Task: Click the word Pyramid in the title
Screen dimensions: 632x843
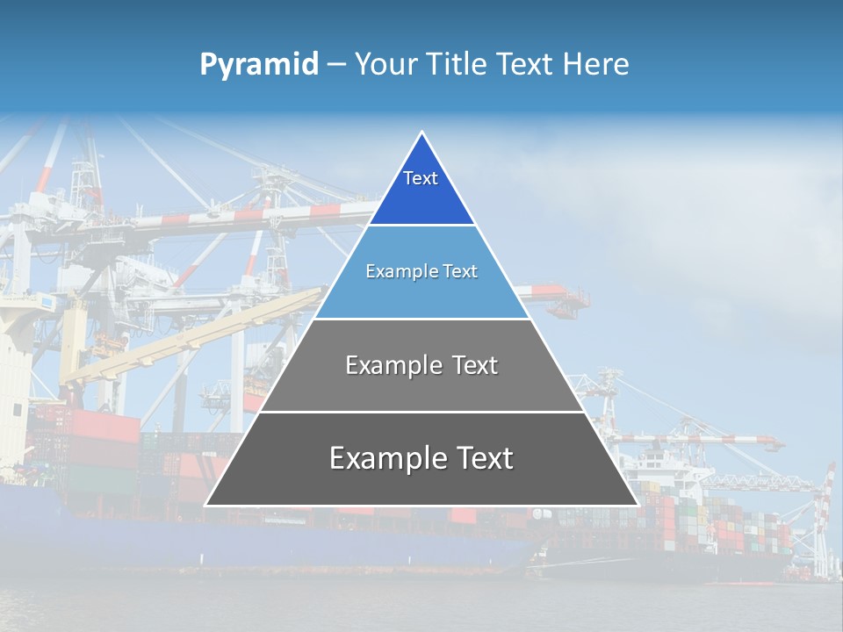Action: coord(258,64)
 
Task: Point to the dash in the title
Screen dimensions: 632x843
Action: coord(336,65)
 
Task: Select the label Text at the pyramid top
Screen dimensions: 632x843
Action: coord(421,178)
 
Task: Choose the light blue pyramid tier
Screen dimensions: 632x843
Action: coord(421,294)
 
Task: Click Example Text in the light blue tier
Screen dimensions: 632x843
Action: coord(421,271)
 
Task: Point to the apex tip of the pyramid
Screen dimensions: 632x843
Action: coord(421,133)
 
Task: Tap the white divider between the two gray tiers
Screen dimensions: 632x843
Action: coord(421,412)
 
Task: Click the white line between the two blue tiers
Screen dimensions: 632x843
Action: coord(421,225)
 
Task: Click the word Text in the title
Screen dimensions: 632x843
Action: coord(525,64)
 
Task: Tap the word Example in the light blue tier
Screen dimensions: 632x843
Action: coord(399,271)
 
